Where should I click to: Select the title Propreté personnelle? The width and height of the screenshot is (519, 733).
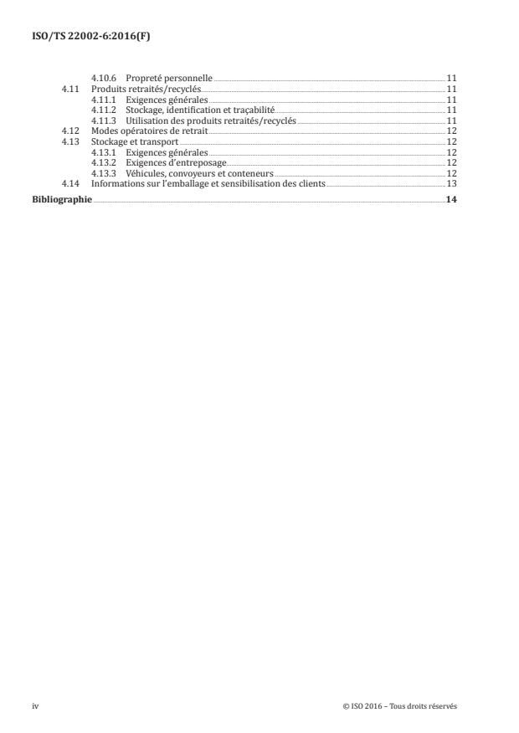170,78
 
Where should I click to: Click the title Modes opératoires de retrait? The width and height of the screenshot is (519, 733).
150,132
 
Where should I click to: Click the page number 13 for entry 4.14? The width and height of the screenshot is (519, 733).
451,183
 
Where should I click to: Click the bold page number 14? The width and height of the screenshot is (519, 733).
451,199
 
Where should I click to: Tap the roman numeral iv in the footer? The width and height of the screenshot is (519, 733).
35,706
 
